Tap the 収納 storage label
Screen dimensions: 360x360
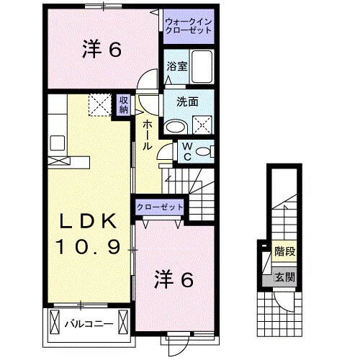[x=123, y=104]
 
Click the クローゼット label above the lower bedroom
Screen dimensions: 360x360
[x=160, y=207]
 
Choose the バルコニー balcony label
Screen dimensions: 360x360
[x=88, y=323]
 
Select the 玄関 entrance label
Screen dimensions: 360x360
[x=284, y=278]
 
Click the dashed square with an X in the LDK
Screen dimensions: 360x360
[x=99, y=105]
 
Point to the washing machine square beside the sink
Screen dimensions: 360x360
[x=202, y=125]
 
